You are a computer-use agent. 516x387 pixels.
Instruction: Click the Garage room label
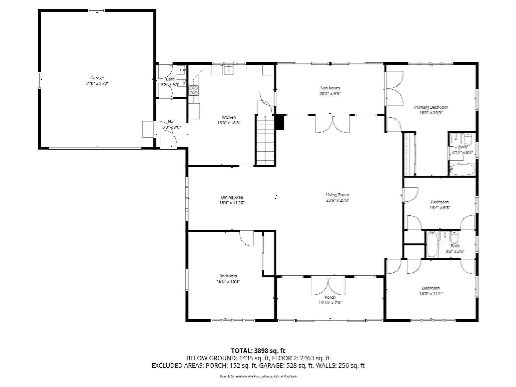pyautogui.click(x=97, y=78)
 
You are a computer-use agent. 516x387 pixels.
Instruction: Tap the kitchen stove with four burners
pyautogui.click(x=193, y=90)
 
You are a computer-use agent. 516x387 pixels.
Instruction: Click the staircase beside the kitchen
pyautogui.click(x=265, y=140)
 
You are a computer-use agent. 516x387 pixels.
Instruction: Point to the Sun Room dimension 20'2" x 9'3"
pyautogui.click(x=330, y=94)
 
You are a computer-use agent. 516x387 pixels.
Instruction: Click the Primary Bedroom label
pyautogui.click(x=431, y=107)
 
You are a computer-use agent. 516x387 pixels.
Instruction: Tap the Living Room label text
pyautogui.click(x=338, y=195)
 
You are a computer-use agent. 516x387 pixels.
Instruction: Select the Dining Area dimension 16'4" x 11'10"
pyautogui.click(x=232, y=203)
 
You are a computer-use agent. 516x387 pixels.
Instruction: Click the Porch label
pyautogui.click(x=330, y=297)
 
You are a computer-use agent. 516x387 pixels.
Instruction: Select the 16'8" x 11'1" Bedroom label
pyautogui.click(x=431, y=288)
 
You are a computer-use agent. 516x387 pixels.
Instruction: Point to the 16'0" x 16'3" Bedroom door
pyautogui.click(x=247, y=238)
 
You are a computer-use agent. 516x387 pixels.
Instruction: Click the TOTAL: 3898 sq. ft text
pyautogui.click(x=258, y=351)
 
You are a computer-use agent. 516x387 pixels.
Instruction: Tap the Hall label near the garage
pyautogui.click(x=172, y=122)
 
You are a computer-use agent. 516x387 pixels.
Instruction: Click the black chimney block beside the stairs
pyautogui.click(x=280, y=122)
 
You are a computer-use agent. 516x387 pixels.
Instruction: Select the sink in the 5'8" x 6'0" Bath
pyautogui.click(x=181, y=70)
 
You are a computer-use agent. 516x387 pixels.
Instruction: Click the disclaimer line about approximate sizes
pyautogui.click(x=258, y=376)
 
